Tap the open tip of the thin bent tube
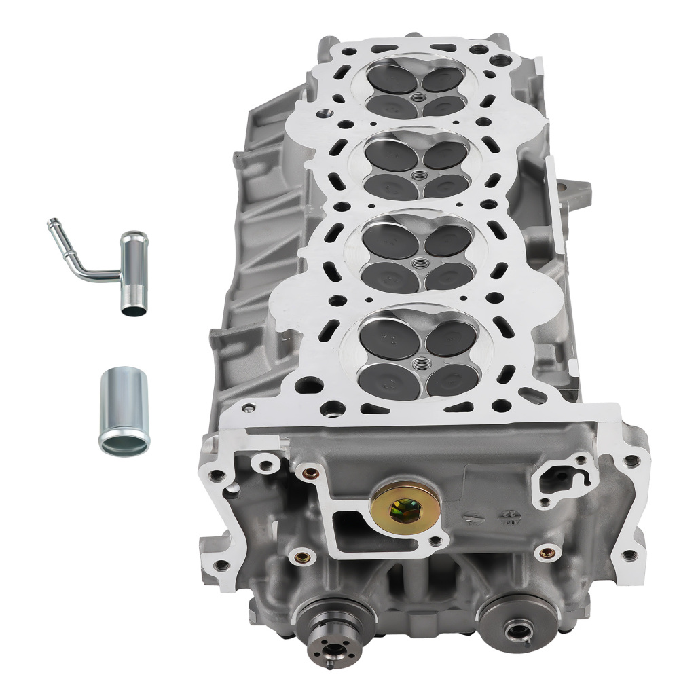pos(50,223)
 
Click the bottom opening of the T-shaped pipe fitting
pos(132,310)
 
